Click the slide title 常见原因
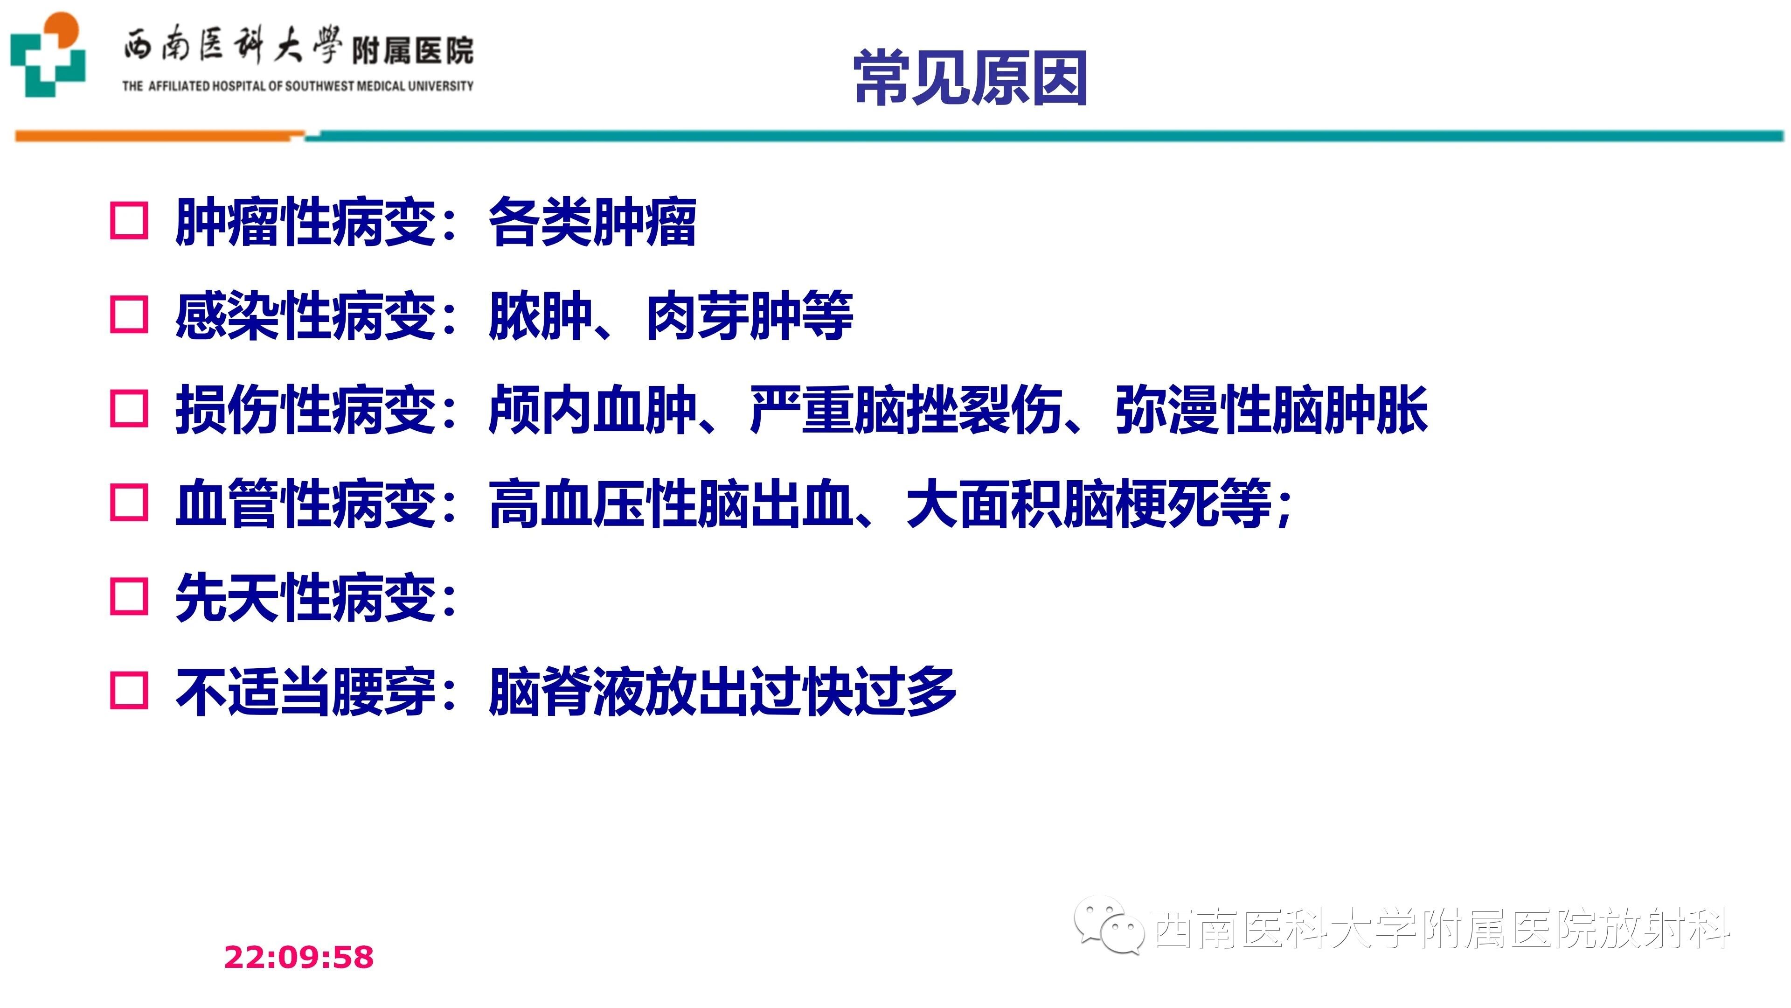click(971, 78)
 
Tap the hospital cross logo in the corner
click(47, 54)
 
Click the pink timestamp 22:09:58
click(299, 957)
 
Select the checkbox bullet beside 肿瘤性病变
click(129, 221)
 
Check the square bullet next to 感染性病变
click(129, 315)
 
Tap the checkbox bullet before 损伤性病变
click(129, 408)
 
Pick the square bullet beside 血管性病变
click(129, 502)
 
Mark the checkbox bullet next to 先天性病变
click(129, 597)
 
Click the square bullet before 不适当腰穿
click(129, 691)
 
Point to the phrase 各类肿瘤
click(592, 222)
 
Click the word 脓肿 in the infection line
click(540, 316)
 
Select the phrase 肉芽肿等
click(750, 316)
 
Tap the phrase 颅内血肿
click(592, 410)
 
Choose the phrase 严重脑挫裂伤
click(906, 410)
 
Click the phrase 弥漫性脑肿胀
click(1271, 410)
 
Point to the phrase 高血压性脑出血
click(672, 504)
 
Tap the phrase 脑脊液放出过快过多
click(723, 692)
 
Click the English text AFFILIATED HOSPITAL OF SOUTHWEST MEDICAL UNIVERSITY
click(311, 86)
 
